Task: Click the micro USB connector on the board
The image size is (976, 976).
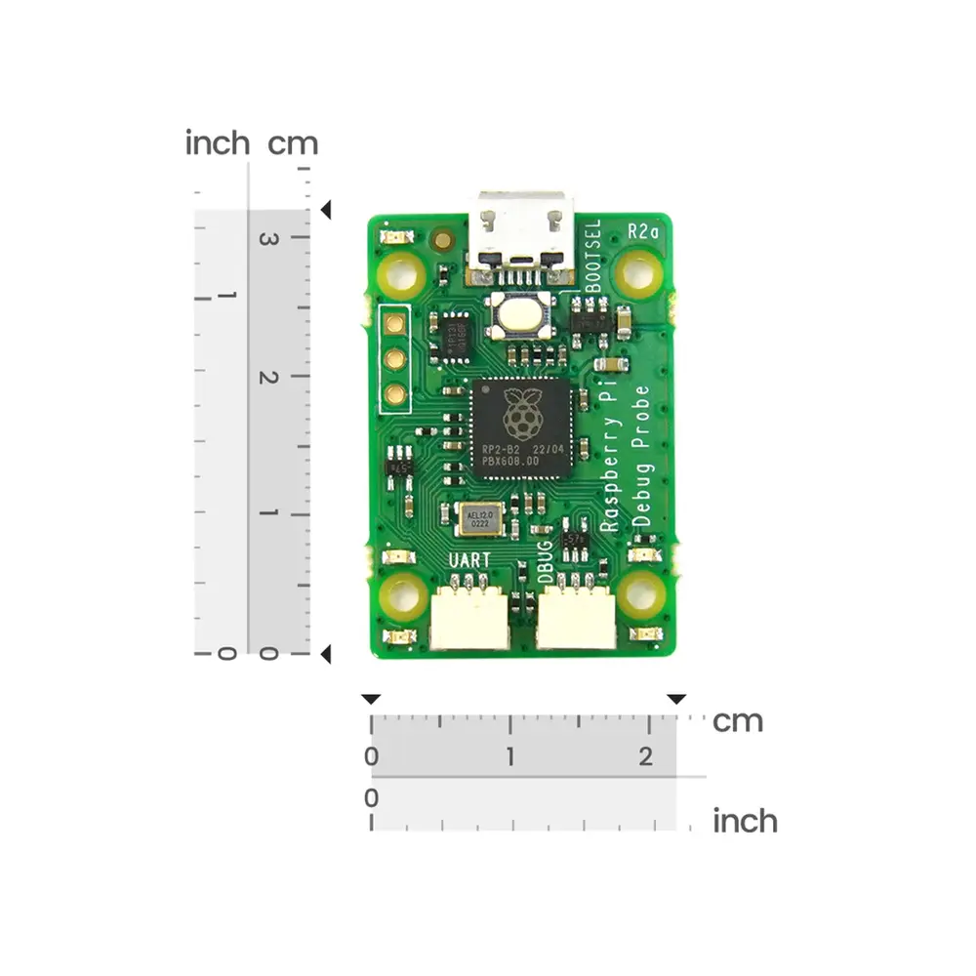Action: coord(520,230)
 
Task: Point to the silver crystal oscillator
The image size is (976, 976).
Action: coord(478,518)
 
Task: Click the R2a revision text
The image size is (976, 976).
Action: coord(644,231)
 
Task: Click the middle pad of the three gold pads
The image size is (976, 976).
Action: coord(395,358)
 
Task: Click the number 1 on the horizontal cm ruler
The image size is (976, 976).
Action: coord(510,756)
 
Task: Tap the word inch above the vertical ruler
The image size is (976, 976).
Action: coord(218,143)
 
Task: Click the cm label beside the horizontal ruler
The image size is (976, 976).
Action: coord(738,722)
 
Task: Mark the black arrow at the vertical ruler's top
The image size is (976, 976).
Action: coord(327,210)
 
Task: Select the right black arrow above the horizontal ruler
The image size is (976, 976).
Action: coord(676,699)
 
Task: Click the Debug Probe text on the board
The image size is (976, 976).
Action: coord(641,456)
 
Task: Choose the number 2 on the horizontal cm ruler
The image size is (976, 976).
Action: coord(646,756)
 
